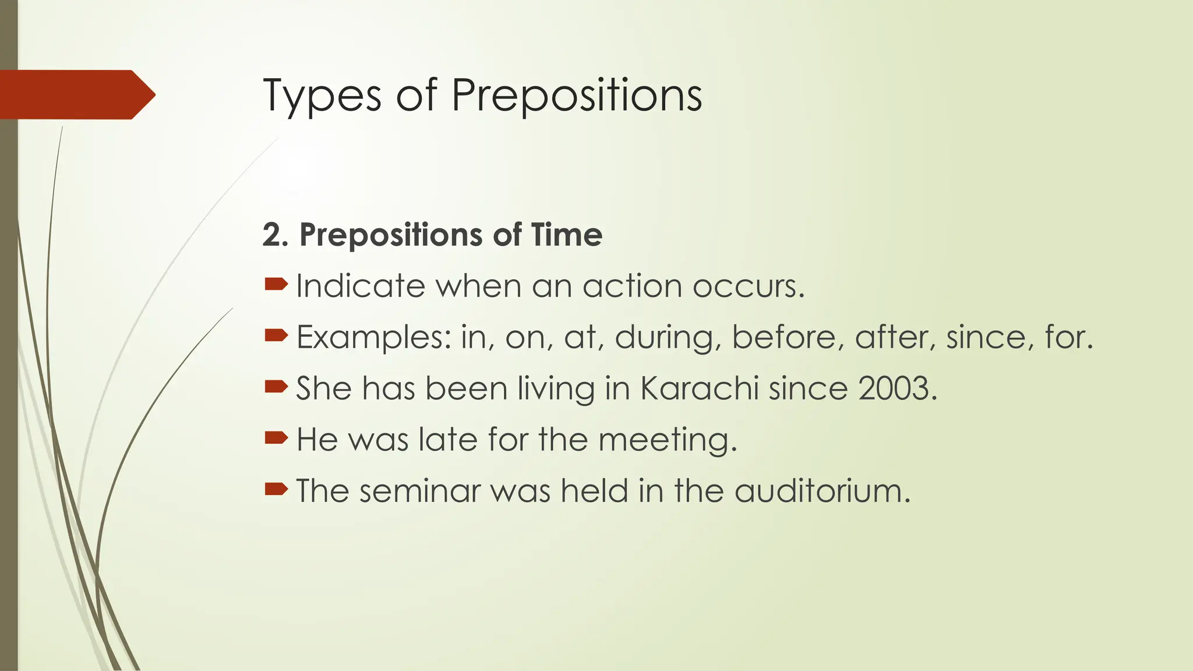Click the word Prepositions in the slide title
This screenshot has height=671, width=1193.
coord(577,96)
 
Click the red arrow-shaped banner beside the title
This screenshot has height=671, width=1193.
coord(76,94)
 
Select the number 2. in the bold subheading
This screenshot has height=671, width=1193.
coord(276,235)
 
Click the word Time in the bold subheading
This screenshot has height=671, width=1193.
coord(567,235)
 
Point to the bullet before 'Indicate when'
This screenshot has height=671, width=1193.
coord(276,284)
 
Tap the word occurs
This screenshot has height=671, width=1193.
coord(748,286)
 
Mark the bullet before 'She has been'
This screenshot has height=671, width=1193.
coord(276,386)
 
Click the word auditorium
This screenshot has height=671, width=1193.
coord(822,491)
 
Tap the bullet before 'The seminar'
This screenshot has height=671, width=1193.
coord(276,489)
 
